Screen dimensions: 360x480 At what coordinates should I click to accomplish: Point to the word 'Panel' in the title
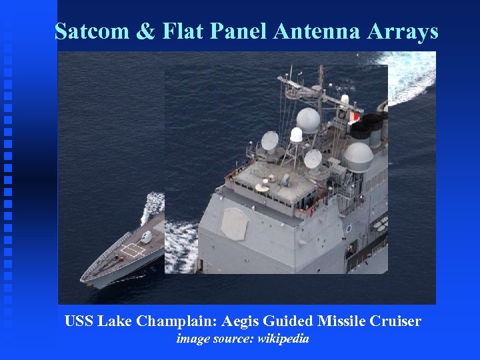click(238, 31)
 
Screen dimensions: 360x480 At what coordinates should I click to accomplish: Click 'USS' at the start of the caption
click(79, 321)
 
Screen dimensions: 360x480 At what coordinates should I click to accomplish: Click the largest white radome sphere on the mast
click(308, 120)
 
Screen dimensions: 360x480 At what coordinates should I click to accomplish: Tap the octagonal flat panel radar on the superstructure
click(234, 224)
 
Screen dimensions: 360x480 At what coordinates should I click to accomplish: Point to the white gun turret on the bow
click(146, 237)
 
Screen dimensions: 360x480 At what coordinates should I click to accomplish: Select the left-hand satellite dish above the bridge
click(270, 141)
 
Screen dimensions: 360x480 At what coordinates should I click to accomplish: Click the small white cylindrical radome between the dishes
click(296, 135)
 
